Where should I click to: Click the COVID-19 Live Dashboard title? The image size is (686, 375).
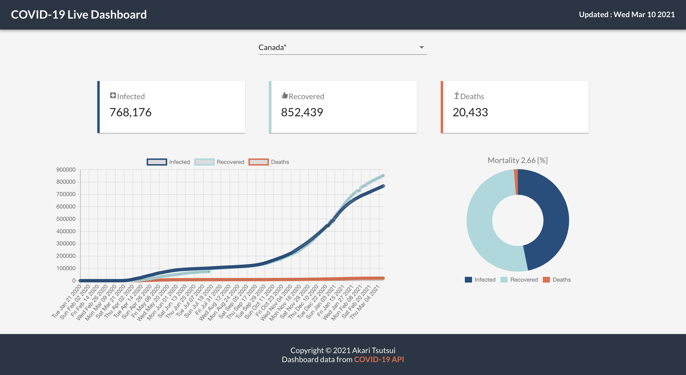pos(79,15)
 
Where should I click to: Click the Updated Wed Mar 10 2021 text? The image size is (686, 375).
pos(627,15)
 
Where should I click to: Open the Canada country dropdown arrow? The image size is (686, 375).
pos(421,47)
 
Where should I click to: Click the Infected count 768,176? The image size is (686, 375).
pos(130,112)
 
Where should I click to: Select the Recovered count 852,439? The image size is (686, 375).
pos(302,112)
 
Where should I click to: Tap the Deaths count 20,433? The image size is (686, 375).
pos(470,112)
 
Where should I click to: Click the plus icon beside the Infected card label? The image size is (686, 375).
pos(113,96)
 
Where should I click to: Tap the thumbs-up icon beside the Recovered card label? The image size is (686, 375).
pos(285,96)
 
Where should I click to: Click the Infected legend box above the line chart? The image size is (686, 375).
pos(157,162)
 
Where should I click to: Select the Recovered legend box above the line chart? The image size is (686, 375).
pos(204,162)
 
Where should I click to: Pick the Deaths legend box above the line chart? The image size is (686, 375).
pos(259,162)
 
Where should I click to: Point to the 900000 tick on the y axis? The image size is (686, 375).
pos(66,170)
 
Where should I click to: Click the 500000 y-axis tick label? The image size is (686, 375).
pos(66,219)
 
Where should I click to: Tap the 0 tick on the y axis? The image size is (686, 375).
pos(74,281)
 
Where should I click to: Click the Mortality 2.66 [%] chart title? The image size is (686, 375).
pos(517,160)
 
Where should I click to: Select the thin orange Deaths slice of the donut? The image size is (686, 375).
pos(516,182)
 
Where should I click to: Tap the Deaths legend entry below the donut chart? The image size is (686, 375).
pos(557,280)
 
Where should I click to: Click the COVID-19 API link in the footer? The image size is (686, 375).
pos(379,360)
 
